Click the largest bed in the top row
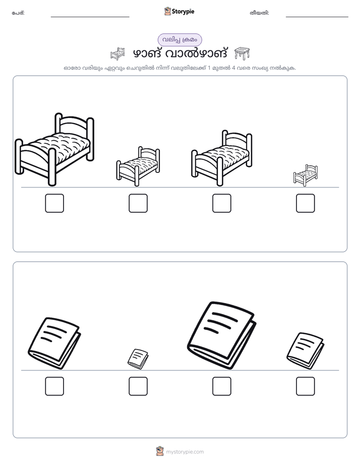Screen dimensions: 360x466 54,149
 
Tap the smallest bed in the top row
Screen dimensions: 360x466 306,176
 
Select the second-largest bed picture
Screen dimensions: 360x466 221,158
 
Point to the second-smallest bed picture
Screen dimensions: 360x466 138,166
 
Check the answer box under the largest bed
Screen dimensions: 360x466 54,203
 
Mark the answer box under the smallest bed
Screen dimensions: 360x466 306,203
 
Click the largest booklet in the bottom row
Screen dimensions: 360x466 221,335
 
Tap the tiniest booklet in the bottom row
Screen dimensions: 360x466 138,359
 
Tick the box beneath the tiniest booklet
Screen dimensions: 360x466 138,386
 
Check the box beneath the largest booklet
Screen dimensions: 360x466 221,386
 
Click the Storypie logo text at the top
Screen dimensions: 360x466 183,12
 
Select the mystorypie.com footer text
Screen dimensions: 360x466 185,452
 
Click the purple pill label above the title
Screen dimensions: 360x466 179,40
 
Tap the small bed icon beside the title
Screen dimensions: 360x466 117,53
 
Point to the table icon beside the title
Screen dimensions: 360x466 242,53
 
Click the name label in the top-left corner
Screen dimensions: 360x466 18,13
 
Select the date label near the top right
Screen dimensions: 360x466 259,13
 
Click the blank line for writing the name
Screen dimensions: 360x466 90,17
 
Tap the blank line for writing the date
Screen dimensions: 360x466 317,17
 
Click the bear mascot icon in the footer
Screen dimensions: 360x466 160,451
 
